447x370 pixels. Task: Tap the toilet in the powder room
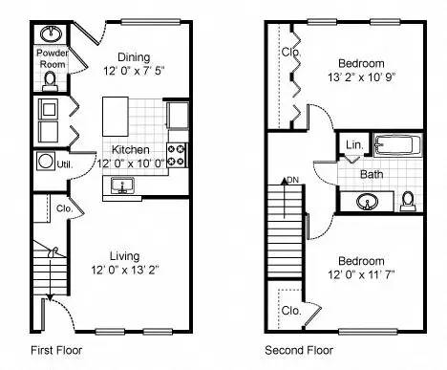[51, 79]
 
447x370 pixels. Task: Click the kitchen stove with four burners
[178, 155]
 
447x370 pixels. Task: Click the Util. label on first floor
[65, 164]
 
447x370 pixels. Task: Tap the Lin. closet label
[353, 145]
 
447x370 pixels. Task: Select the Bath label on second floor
[372, 175]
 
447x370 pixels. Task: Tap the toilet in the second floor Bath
[408, 201]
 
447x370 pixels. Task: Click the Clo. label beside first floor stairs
[66, 207]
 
